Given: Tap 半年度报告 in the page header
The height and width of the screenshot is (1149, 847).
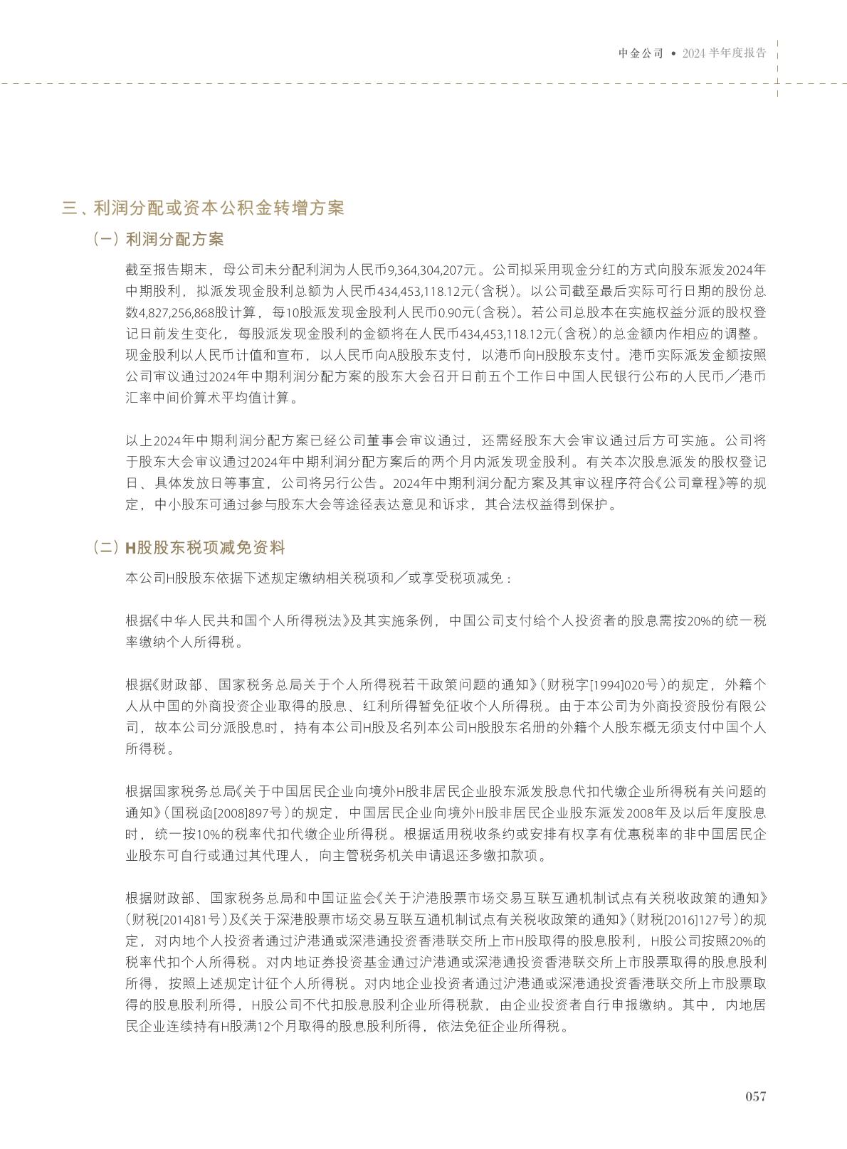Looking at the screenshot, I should [738, 53].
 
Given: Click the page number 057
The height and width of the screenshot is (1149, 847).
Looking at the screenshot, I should [755, 1096].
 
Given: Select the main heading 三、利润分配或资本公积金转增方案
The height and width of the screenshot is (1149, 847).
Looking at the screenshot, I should [203, 208].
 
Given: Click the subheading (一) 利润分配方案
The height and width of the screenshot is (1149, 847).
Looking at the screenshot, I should [159, 239].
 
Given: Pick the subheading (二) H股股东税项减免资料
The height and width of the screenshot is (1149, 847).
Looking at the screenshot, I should [189, 547].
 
